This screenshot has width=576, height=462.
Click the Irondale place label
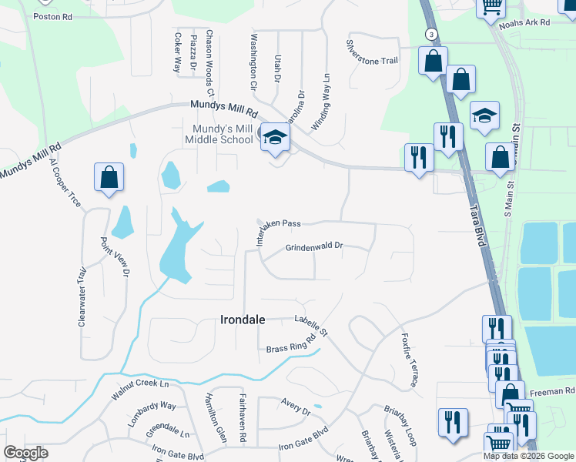coord(243,320)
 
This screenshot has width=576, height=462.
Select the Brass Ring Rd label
coord(292,344)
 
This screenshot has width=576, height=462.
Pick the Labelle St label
coord(312,326)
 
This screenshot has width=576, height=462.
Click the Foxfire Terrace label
coord(409,360)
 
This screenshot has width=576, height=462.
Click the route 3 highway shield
coord(432,35)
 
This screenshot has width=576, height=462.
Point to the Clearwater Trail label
coord(81,296)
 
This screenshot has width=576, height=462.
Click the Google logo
coord(26,452)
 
